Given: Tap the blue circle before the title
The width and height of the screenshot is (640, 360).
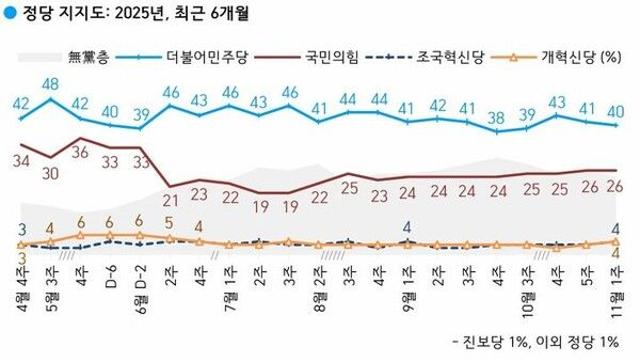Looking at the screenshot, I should (x=9, y=14).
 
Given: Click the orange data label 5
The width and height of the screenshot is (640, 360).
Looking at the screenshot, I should (x=170, y=224).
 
